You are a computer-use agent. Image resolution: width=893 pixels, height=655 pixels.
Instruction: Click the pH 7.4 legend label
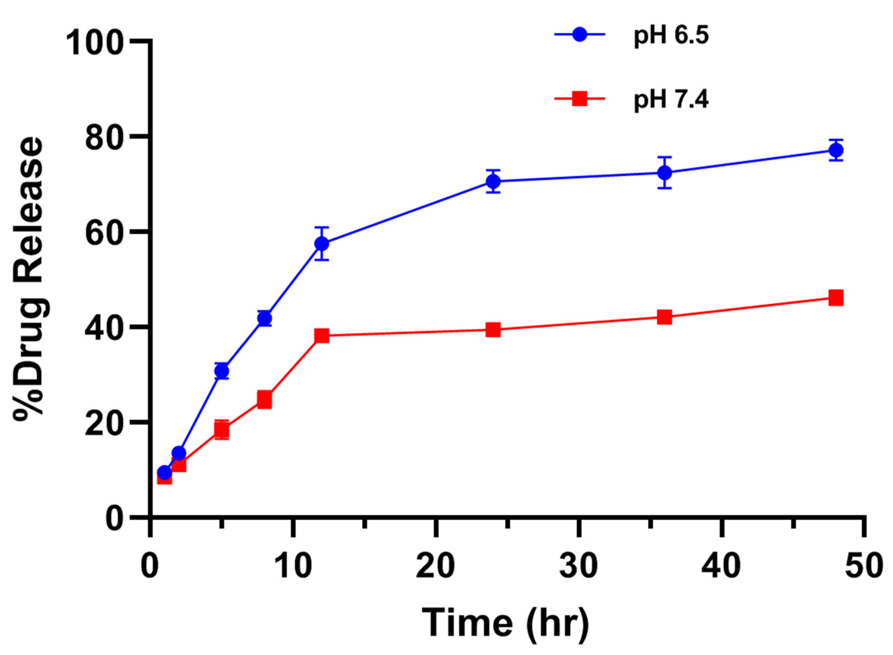tap(671, 100)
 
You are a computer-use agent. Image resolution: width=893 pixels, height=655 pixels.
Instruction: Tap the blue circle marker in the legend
tap(580, 35)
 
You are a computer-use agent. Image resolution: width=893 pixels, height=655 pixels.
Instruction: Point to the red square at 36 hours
tap(665, 317)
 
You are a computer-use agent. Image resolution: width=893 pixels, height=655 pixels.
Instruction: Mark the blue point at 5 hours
tap(222, 371)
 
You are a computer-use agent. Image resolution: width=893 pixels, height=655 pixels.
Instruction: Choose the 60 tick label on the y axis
tap(107, 232)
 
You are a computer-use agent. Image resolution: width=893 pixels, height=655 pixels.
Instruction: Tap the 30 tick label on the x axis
tap(579, 566)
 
